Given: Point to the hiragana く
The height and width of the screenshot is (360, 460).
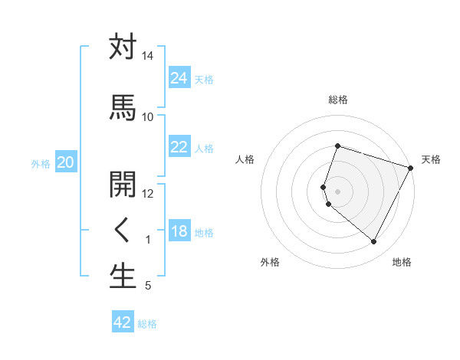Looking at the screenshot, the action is (123, 229).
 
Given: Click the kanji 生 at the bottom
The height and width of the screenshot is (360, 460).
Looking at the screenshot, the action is (123, 277).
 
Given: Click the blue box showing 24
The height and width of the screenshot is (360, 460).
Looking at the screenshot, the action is (179, 78).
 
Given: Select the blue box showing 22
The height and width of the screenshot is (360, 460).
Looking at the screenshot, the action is (179, 148).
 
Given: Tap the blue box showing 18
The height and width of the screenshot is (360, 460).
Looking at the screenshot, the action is (179, 232).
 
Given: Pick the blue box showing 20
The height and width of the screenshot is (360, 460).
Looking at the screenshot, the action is (65, 162).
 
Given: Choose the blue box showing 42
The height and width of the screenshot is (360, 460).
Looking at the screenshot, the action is (123, 322).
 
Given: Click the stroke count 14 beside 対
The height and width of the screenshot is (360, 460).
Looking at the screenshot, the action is (148, 56).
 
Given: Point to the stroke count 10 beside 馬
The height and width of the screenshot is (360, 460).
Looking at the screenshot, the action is (148, 116).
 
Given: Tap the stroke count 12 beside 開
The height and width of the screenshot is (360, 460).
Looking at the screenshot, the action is (148, 194).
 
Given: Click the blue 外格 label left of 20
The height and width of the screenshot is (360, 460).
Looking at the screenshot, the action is (40, 163).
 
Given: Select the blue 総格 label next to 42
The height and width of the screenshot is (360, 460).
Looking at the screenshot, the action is (147, 324).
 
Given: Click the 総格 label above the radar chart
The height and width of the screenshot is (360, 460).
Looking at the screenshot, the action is (337, 100).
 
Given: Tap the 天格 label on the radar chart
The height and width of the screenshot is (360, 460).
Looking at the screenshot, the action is (431, 159).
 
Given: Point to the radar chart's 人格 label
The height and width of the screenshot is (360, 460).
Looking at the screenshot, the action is (245, 159).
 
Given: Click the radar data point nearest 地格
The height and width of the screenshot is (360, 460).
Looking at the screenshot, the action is (373, 242).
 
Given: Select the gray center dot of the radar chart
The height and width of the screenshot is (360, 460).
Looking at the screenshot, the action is (337, 190).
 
